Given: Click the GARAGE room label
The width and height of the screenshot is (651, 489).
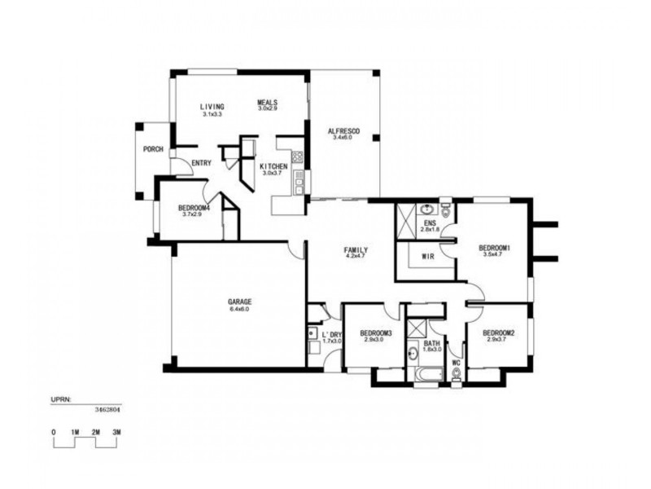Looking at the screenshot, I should click(239, 302).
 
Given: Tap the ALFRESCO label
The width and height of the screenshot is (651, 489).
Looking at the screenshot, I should click(343, 130).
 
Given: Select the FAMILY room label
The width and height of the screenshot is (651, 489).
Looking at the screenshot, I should click(356, 249).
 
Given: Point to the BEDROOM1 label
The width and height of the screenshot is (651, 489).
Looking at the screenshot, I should click(494, 248).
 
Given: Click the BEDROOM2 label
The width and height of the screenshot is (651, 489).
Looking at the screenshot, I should click(497, 333).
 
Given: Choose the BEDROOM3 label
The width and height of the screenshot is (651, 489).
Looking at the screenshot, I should click(377, 333).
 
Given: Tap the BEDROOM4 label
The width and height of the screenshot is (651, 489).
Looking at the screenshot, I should click(194, 208).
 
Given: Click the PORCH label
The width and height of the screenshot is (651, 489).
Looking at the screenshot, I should click(153, 149).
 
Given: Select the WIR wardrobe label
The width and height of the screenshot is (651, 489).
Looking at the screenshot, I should click(427, 257).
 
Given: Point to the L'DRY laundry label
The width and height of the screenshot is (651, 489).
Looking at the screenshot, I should click(331, 334).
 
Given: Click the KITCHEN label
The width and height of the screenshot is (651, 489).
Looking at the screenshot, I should click(273, 166).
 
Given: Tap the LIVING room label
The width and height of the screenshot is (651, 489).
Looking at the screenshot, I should click(212, 108).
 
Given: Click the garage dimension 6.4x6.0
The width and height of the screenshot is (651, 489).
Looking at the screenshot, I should click(239, 310).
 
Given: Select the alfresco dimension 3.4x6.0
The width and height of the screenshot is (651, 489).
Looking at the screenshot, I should click(343, 139).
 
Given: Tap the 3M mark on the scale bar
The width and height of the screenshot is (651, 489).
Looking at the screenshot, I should click(116, 431).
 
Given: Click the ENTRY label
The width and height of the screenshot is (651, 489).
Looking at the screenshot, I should click(201, 163).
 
